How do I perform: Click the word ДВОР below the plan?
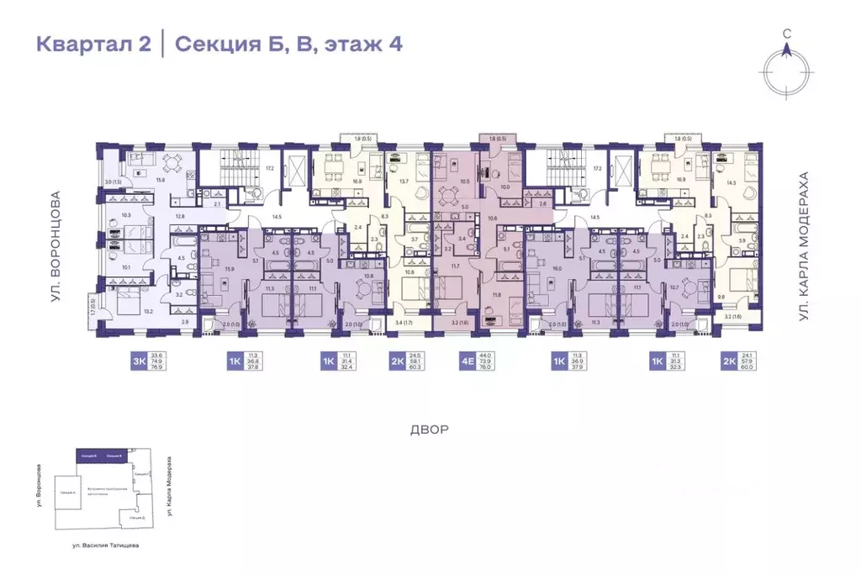[x=430, y=429]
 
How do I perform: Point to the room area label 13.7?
[x=404, y=182]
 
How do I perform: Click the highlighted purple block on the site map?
[x=102, y=455]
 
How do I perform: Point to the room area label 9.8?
[x=722, y=296]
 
